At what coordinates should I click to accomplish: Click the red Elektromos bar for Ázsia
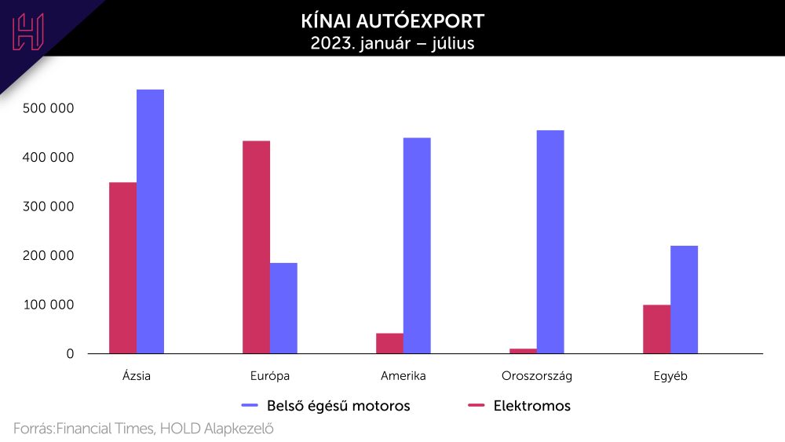(122, 268)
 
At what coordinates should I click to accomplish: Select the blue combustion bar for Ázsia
(150, 221)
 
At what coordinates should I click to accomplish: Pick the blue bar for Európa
(283, 308)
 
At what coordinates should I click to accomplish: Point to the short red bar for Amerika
(389, 343)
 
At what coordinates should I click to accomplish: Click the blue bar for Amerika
(417, 246)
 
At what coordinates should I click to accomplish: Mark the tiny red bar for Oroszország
(523, 350)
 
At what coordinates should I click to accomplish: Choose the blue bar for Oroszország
(550, 242)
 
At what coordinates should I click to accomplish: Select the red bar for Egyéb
(656, 329)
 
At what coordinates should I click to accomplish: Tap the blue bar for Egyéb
(684, 299)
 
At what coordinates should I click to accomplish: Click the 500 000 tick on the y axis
(48, 108)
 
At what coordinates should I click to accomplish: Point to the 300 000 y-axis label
(48, 206)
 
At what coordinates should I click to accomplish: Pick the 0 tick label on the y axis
(70, 354)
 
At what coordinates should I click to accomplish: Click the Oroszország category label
(537, 376)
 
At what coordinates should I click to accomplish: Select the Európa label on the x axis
(270, 376)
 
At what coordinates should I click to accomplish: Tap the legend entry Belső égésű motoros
(338, 406)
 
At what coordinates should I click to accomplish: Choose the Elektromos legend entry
(531, 406)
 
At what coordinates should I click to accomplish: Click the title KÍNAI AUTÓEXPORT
(392, 20)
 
